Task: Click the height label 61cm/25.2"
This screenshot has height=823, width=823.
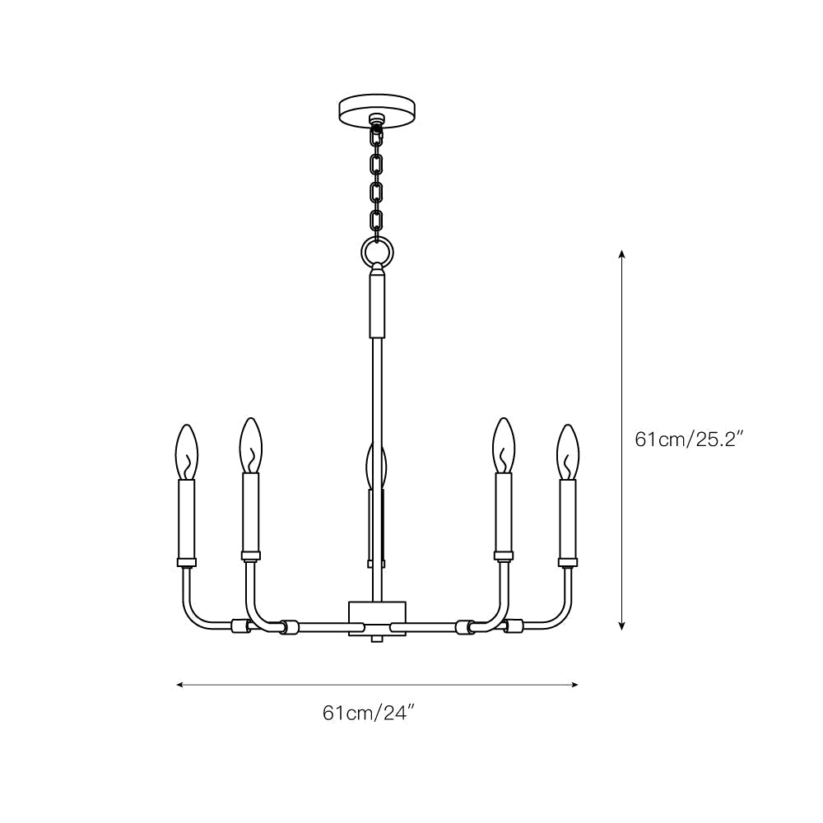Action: pyautogui.click(x=689, y=439)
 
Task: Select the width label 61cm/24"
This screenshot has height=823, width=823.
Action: pyautogui.click(x=378, y=713)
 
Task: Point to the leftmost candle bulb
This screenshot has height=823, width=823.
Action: pyautogui.click(x=187, y=450)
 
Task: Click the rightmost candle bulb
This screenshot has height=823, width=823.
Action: pyautogui.click(x=568, y=450)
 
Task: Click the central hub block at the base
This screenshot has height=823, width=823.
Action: pyautogui.click(x=378, y=615)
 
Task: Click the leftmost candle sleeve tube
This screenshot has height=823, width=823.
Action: pyautogui.click(x=187, y=518)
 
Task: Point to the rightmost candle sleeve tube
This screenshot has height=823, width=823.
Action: pyautogui.click(x=568, y=518)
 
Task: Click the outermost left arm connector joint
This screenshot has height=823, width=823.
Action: pyautogui.click(x=240, y=625)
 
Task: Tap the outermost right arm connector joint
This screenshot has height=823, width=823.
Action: pyautogui.click(x=514, y=625)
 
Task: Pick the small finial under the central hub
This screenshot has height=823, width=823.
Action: pyautogui.click(x=378, y=638)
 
